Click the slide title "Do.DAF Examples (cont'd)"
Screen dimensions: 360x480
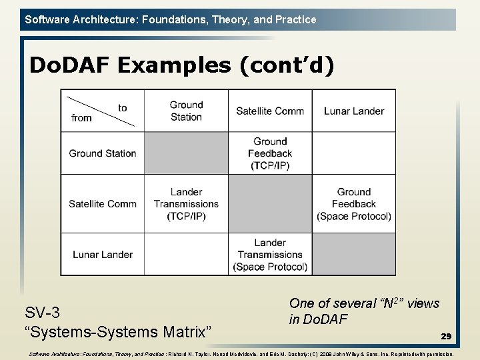pos(181,66)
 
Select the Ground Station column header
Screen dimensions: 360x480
pos(186,111)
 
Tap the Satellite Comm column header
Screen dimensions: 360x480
pos(270,111)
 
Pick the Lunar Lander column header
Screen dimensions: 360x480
pos(354,111)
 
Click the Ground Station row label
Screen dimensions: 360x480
pos(103,153)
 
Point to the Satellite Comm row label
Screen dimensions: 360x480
pos(103,204)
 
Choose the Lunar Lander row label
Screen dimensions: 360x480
pos(103,254)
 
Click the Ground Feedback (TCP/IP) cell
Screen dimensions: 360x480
pos(270,153)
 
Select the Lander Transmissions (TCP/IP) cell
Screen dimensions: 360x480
pos(186,204)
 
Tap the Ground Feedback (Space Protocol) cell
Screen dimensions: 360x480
pos(354,204)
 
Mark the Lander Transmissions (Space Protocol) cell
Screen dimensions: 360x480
pos(270,254)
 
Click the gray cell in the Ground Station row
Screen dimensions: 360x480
pos(186,153)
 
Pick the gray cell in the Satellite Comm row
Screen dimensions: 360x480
pos(270,204)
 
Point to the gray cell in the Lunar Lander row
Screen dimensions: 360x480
pos(354,254)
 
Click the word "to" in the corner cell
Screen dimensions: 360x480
pos(123,108)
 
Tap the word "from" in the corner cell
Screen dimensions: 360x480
pos(81,118)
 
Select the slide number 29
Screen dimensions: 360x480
pos(445,337)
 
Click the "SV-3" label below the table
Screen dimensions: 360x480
pos(42,313)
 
